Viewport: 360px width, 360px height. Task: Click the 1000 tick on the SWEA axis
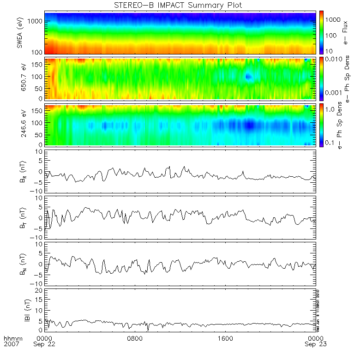(x=36, y=22)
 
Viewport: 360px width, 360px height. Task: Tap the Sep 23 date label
(x=316, y=344)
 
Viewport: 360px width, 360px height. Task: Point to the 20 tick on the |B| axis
(x=39, y=290)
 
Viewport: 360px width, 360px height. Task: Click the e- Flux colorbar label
(x=345, y=32)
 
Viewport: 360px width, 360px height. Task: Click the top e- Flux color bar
(x=321, y=32)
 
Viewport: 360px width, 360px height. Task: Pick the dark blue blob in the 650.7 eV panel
(x=248, y=76)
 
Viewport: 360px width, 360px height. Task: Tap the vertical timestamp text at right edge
(x=318, y=310)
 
